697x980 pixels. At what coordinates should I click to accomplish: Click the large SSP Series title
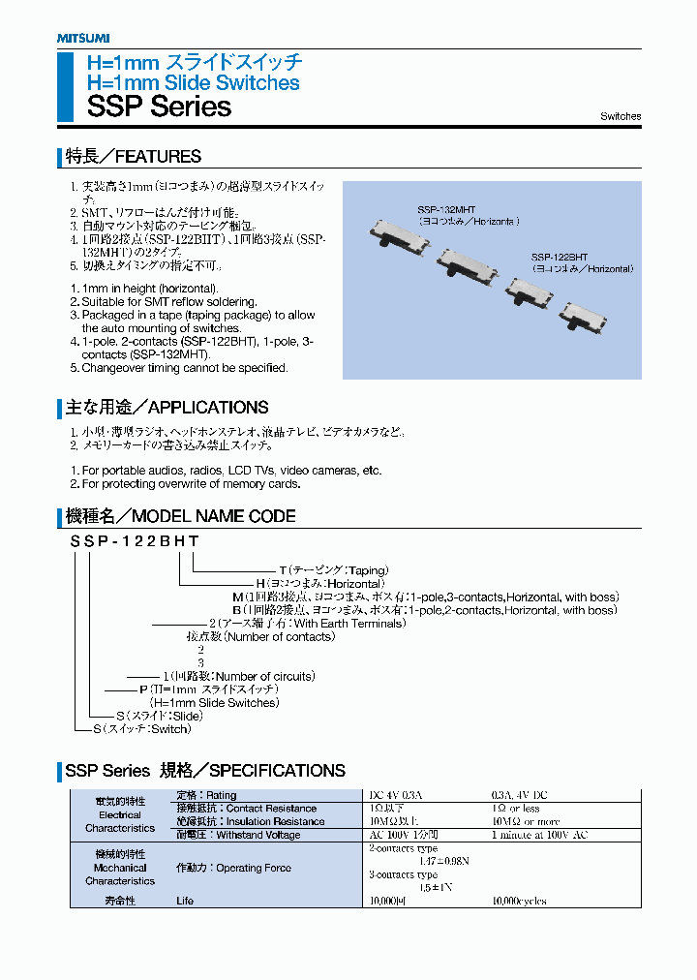pyautogui.click(x=159, y=107)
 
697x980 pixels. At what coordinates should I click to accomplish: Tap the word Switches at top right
pyautogui.click(x=620, y=116)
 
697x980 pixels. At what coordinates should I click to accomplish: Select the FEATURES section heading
pyautogui.click(x=133, y=157)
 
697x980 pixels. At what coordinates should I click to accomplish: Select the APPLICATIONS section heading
pyautogui.click(x=167, y=408)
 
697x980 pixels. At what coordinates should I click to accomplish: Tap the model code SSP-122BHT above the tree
pyautogui.click(x=135, y=542)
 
